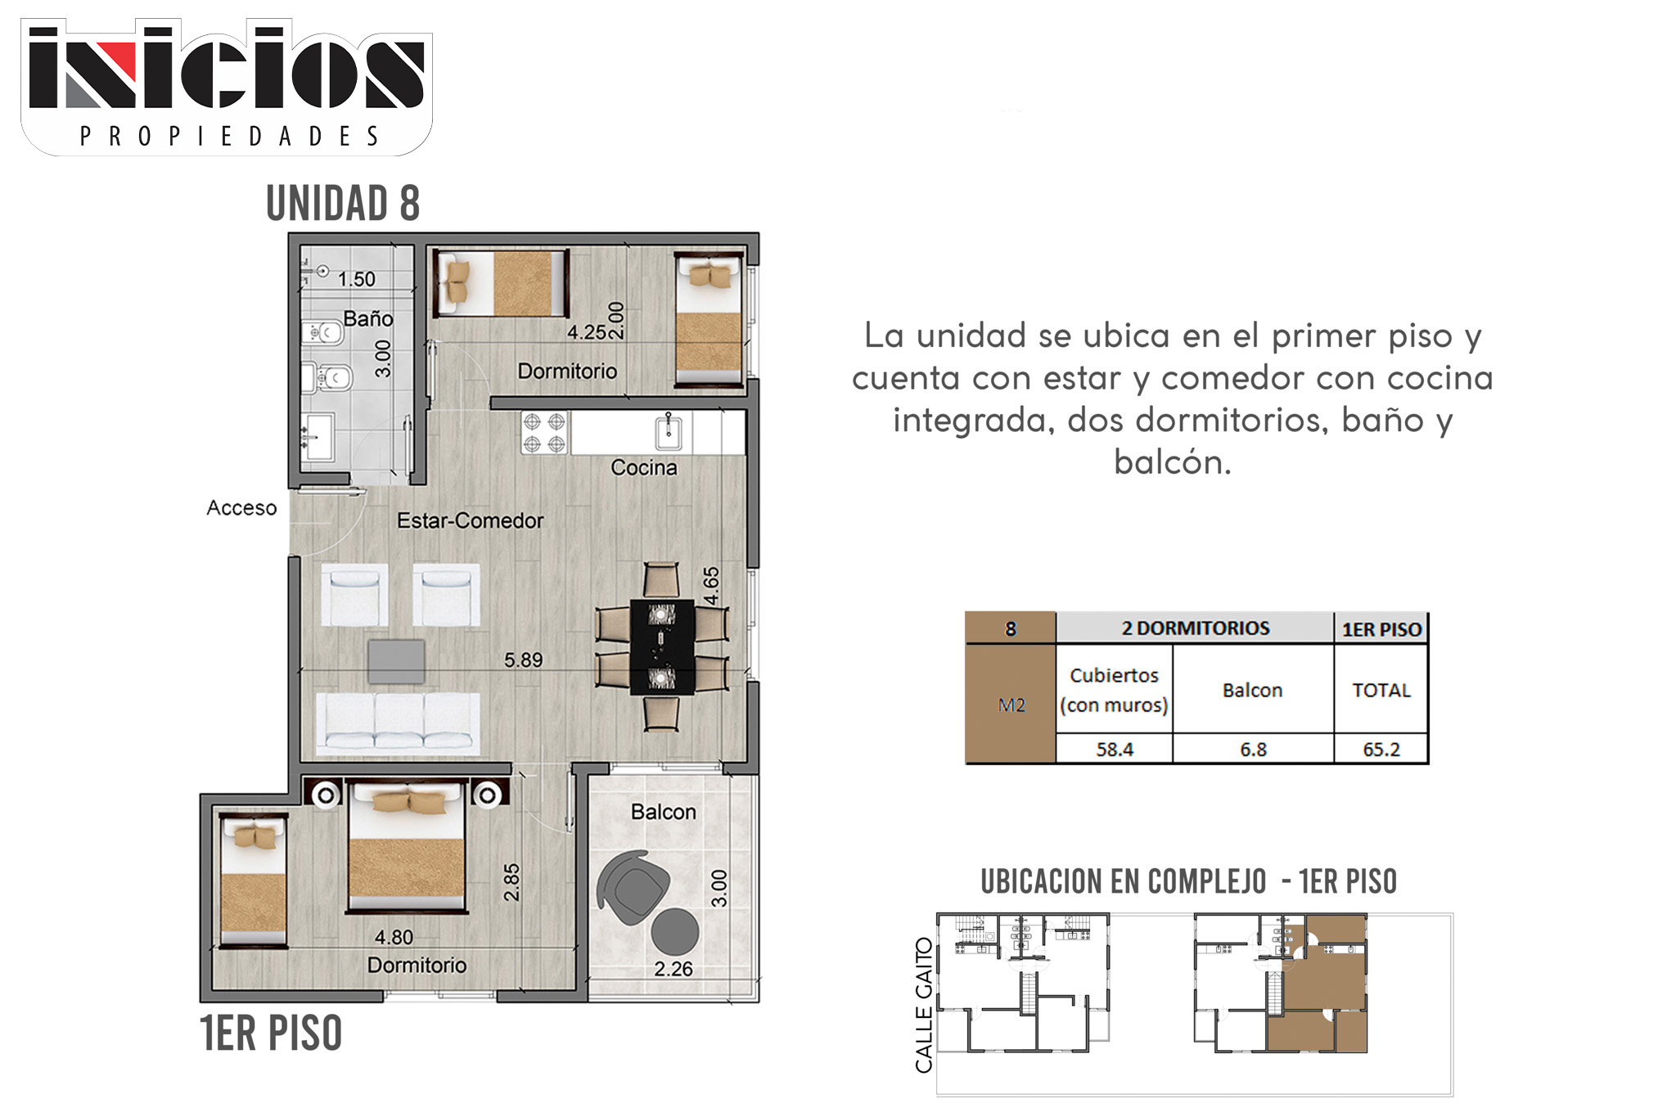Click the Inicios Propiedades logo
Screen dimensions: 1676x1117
coord(227,88)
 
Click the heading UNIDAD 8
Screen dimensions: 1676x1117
coord(343,203)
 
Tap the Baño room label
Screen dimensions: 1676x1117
coord(368,318)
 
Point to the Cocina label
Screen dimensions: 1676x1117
coord(644,467)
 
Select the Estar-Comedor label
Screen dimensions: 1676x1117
coord(471,520)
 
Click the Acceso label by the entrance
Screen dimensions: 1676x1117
coord(241,507)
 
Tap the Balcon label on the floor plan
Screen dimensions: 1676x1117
coord(664,812)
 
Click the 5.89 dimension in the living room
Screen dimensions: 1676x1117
coord(523,660)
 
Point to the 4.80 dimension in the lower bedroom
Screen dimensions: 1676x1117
coord(394,937)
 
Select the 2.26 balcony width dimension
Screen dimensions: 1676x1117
coord(674,969)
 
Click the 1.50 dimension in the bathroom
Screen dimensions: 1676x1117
coord(357,279)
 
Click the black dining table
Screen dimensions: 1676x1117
coord(662,647)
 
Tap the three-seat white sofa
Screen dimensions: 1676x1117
coord(398,723)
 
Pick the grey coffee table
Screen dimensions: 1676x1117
coord(396,661)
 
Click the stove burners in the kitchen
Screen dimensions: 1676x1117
coord(544,433)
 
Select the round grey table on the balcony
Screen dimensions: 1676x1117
coord(675,931)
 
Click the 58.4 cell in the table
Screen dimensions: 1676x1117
coord(1115,749)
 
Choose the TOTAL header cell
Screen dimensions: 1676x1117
coord(1381,690)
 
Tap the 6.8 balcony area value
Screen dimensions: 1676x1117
coord(1253,749)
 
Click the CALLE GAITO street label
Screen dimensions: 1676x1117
coord(924,1005)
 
